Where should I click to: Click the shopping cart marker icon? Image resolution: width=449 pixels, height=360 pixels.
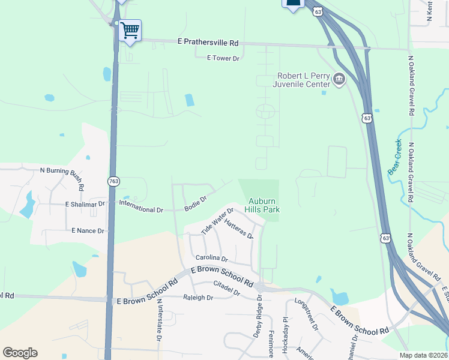[130, 30]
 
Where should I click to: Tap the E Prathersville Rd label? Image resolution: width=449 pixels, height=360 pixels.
[208, 43]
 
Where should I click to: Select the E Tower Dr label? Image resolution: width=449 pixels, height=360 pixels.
[223, 58]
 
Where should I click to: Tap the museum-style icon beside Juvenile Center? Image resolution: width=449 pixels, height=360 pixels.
[339, 79]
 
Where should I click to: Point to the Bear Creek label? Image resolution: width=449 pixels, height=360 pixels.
[395, 157]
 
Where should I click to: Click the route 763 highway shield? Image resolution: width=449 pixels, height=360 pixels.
[113, 181]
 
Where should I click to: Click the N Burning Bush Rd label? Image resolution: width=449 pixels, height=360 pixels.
[61, 172]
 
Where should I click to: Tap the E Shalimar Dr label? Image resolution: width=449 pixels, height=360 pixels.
[85, 204]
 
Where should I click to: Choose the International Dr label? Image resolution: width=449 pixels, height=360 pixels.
[141, 210]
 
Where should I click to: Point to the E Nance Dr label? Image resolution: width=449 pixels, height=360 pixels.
[88, 230]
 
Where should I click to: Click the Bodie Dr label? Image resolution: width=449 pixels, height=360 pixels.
[195, 202]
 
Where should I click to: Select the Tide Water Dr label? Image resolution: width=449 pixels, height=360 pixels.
[217, 221]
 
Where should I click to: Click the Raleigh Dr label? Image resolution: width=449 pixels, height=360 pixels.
[198, 298]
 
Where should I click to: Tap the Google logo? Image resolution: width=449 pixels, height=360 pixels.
[20, 353]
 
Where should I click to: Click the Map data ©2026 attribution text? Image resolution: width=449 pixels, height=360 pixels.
[423, 355]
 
